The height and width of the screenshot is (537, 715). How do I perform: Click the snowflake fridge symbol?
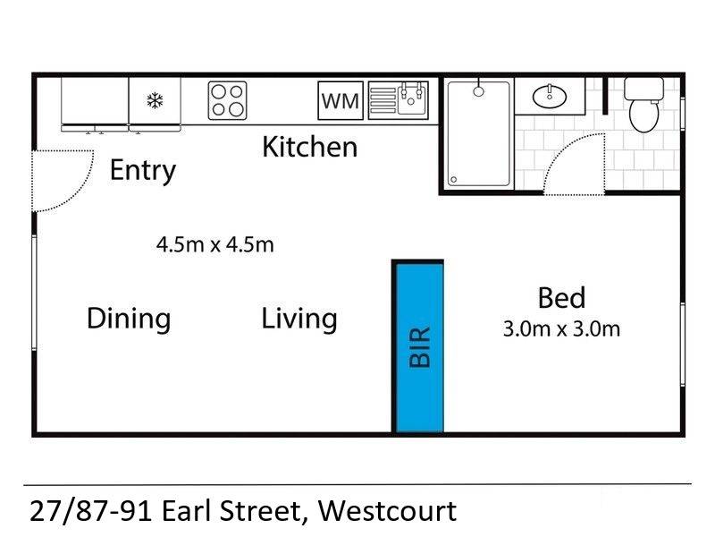point(155,100)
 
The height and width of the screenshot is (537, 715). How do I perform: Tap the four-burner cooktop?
point(227,100)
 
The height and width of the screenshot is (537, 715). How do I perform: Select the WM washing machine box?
point(341,101)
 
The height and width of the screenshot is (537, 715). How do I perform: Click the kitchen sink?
point(399,100)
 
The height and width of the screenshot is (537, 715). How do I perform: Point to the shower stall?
point(478,134)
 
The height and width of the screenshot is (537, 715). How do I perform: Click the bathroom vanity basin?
point(546,95)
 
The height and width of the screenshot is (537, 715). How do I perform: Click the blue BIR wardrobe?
point(420,347)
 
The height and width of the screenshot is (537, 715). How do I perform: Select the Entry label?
point(143,170)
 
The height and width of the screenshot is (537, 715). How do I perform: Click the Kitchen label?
point(309,147)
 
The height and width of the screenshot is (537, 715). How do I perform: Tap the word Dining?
point(129,319)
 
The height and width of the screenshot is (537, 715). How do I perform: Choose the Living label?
point(299,319)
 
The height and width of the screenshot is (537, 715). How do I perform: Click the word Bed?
point(561,298)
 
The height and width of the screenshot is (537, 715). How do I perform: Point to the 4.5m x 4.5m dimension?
point(214,243)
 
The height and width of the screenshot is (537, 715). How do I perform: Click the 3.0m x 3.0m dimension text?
point(561,328)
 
